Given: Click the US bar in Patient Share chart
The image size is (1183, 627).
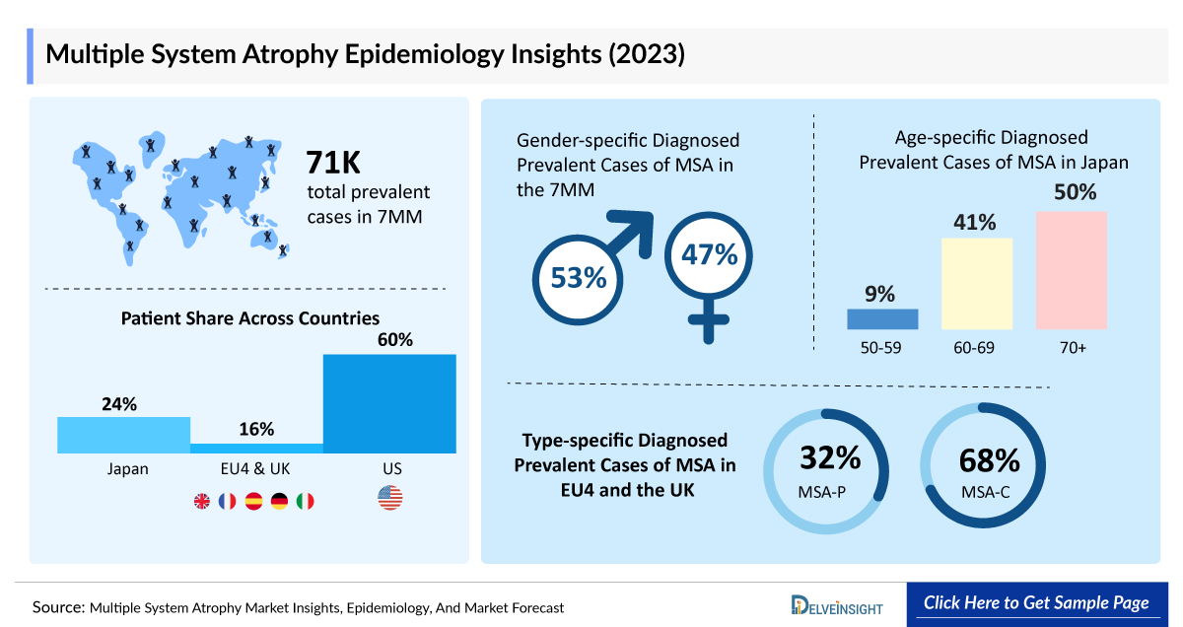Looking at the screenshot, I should [x=389, y=403].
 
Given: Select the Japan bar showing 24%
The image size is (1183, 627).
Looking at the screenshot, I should [x=123, y=435].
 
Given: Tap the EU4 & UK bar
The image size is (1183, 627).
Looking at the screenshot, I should [x=256, y=448].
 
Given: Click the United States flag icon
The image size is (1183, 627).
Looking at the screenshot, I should [x=390, y=499].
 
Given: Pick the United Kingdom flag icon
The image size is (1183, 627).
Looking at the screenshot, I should [x=202, y=501].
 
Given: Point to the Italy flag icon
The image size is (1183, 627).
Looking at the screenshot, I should [x=305, y=501].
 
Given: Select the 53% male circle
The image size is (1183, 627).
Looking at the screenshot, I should [x=578, y=277].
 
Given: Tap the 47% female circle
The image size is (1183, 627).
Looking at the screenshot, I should [x=708, y=255].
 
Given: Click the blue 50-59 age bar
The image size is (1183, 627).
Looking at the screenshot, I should [x=882, y=318].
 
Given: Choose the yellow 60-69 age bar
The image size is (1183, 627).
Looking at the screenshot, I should [x=977, y=283].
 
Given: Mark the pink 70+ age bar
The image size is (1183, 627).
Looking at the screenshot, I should [x=1072, y=270].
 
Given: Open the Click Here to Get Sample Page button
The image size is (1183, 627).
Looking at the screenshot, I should [x=1035, y=603].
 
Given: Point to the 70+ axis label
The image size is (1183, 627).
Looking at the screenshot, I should [x=1072, y=348].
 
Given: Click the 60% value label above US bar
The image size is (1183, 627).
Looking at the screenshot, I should [x=390, y=340].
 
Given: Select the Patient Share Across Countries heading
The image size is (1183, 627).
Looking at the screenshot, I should [x=250, y=318].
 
